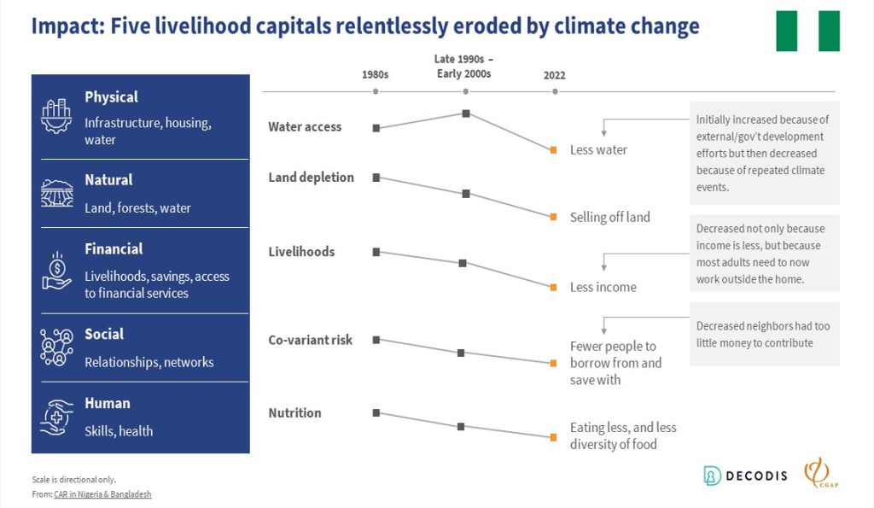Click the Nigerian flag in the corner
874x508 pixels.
pos(807,31)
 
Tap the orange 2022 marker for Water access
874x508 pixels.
pos(553,149)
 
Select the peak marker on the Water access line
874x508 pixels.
pos(466,113)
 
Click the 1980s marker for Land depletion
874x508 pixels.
pos(376,178)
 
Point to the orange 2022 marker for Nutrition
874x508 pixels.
pos(553,437)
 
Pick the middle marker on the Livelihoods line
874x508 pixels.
pos(463,263)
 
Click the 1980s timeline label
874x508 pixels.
pos(376,74)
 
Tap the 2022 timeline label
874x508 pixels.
pos(554,75)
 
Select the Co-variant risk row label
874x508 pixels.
pos(311,340)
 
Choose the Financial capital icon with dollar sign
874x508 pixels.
pos(57,271)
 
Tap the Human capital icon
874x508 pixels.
pos(57,417)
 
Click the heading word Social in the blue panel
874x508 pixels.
pos(104,334)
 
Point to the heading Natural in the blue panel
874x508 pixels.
pos(108,180)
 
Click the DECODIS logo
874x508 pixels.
pos(744,476)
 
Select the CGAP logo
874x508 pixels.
pos(818,474)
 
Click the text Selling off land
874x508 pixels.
pos(609,217)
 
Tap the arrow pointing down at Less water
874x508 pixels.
pos(604,131)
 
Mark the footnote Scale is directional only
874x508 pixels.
pos(73,479)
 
